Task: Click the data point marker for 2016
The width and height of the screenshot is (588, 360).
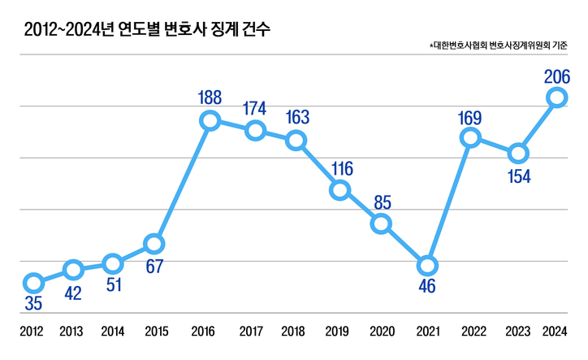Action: click(210, 121)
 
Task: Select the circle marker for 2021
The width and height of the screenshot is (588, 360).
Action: click(427, 266)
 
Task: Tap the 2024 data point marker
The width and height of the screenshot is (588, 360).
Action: click(556, 98)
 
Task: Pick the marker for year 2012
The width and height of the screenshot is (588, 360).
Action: click(33, 283)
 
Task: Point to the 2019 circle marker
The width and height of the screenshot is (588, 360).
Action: click(340, 190)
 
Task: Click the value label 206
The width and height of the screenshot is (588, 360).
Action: click(557, 77)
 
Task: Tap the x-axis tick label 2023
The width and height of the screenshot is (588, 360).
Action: click(517, 332)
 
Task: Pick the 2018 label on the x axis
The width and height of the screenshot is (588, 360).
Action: click(293, 332)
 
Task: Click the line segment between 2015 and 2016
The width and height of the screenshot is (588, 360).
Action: click(182, 182)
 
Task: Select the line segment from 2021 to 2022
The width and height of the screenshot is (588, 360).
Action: click(448, 202)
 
